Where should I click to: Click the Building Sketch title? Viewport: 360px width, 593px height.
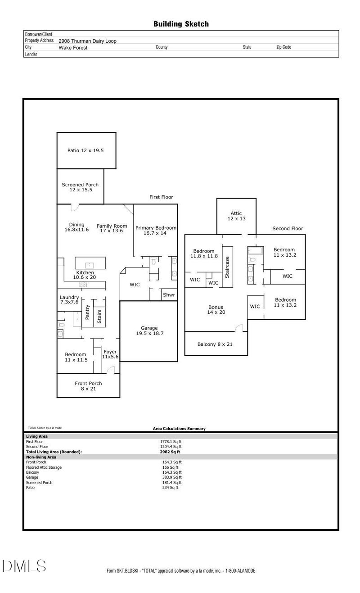[x=181, y=24]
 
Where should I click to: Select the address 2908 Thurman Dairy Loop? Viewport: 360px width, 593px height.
[x=87, y=41]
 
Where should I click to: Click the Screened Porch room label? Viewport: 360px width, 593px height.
[x=80, y=187]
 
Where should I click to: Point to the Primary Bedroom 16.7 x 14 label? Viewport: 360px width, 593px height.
[x=156, y=231]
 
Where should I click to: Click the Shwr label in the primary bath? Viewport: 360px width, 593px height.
[x=169, y=295]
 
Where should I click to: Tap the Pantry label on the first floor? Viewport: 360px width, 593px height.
[x=88, y=313]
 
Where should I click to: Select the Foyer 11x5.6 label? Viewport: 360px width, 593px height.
[x=110, y=354]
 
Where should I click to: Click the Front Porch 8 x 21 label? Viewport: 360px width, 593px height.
[x=88, y=386]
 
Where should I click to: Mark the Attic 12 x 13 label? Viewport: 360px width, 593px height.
[x=236, y=216]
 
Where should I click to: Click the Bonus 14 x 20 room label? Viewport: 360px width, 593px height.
[x=216, y=310]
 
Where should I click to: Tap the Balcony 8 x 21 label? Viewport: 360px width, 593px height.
[x=216, y=344]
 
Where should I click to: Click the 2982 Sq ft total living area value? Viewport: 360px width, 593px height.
[x=170, y=452]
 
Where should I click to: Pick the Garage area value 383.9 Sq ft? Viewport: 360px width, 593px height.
[x=172, y=477]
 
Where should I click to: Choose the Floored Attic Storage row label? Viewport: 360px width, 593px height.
[x=44, y=467]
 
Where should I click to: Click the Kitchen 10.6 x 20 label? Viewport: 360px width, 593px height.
[x=85, y=275]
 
